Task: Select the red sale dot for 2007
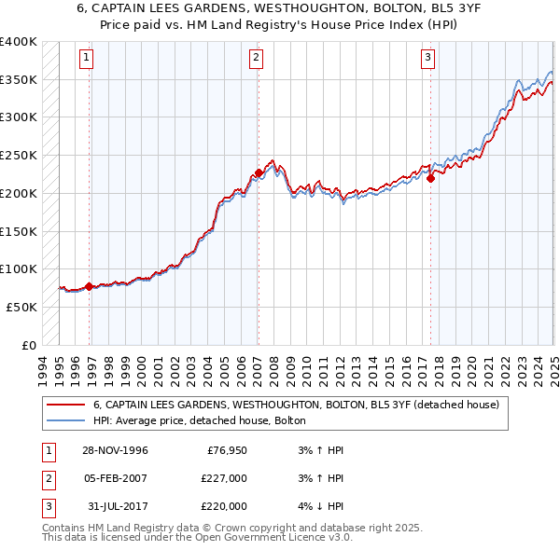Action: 259,172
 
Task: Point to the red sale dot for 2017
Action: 431,178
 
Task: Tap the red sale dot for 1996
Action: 89,286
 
